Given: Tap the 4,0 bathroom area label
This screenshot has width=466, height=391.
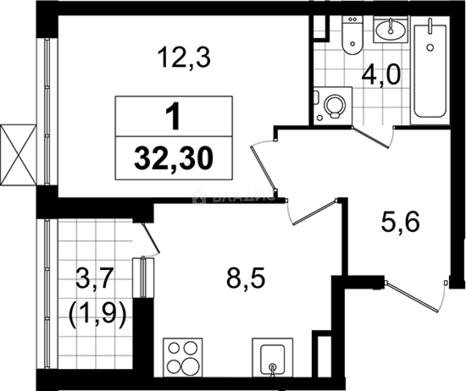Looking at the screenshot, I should pyautogui.click(x=381, y=76).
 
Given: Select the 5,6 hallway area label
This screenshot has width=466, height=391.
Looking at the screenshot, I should pyautogui.click(x=400, y=222).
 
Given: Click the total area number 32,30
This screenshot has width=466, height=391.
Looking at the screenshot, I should pyautogui.click(x=174, y=158).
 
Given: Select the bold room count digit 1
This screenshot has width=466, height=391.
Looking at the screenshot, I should pyautogui.click(x=174, y=117).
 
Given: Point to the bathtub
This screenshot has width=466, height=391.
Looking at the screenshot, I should pyautogui.click(x=430, y=71).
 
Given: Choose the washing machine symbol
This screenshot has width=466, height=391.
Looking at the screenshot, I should pyautogui.click(x=333, y=105).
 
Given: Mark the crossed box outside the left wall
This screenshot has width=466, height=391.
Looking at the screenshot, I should pyautogui.click(x=18, y=155).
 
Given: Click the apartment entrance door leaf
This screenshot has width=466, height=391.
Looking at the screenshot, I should pyautogui.click(x=412, y=297).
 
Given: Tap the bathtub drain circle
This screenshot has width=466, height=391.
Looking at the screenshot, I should pyautogui.click(x=430, y=47).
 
